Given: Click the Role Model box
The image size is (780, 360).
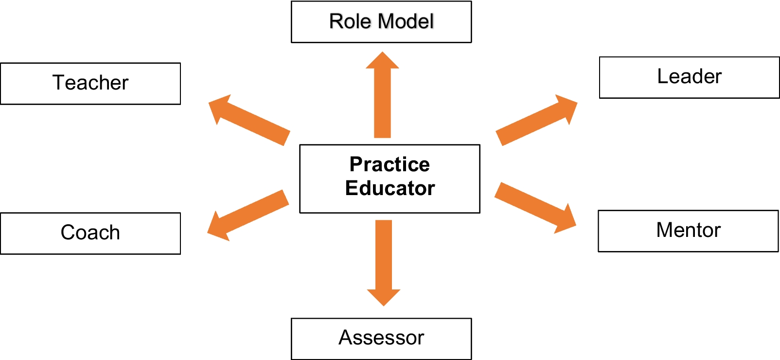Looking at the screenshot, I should coord(381,22).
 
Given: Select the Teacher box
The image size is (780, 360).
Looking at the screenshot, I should coord(90,83).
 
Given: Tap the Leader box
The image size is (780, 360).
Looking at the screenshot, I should coord(689,77).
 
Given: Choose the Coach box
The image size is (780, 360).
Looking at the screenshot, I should coord(90,233).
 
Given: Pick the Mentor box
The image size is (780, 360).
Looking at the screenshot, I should coord(688,231).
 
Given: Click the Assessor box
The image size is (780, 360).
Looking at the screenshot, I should coord(381,339).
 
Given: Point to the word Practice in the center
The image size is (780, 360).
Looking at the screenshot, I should coord(390,164).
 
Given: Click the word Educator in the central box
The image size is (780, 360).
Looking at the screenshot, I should coord(390,188).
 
